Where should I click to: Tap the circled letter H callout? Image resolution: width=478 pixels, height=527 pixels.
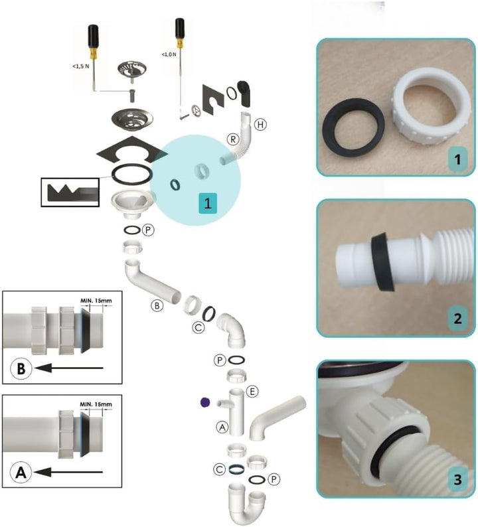pos(261,124)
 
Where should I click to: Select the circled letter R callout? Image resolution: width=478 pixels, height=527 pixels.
pos(233,139)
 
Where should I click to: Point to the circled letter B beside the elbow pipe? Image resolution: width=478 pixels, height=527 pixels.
pos(157,306)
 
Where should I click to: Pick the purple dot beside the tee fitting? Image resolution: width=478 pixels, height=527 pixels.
pos(204,402)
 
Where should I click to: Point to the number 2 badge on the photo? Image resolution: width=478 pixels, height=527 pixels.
pos(455,318)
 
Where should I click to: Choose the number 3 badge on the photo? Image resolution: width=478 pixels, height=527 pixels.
pos(455,479)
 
